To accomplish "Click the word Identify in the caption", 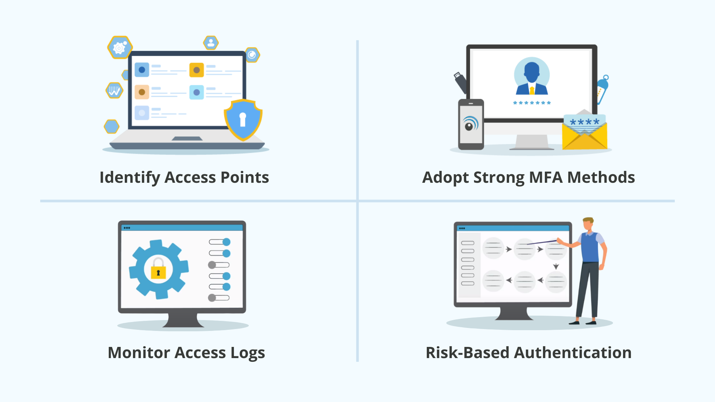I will (x=129, y=178).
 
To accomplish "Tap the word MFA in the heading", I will (x=545, y=178).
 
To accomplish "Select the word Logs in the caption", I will (x=247, y=353).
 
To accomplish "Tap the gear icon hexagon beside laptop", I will (x=120, y=47).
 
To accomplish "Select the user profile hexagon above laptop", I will (x=211, y=42).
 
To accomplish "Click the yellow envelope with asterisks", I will (x=584, y=132).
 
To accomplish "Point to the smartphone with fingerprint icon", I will (x=471, y=124).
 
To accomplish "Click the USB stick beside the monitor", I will (x=460, y=82).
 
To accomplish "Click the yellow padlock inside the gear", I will (x=158, y=271).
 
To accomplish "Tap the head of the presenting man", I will (x=588, y=224).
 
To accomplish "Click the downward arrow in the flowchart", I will (x=556, y=267).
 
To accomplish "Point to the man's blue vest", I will (x=590, y=248).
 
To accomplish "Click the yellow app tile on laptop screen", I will (x=196, y=70).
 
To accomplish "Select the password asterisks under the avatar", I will (x=531, y=103).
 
